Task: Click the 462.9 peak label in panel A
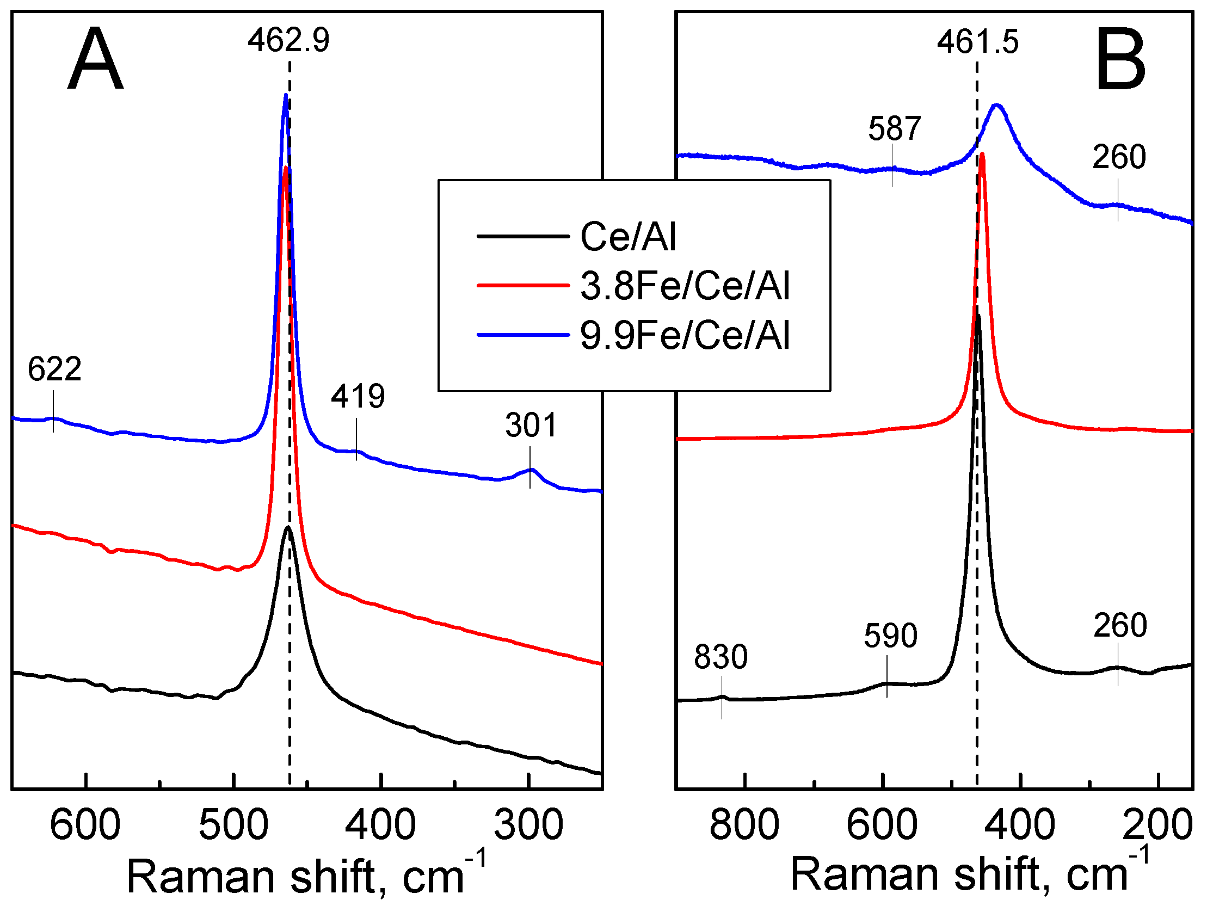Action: [x=288, y=40]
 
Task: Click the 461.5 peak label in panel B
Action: [x=977, y=42]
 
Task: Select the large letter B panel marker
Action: [x=1120, y=61]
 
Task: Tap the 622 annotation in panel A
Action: [x=54, y=369]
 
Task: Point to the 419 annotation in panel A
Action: [x=358, y=396]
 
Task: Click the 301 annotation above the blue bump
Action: [x=531, y=425]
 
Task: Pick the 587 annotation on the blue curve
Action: [x=894, y=129]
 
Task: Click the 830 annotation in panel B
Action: [x=720, y=657]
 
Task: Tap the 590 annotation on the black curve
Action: [x=890, y=636]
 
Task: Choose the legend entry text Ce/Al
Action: [x=628, y=237]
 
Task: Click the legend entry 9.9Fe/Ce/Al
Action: [x=685, y=335]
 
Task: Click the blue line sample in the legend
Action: [x=523, y=335]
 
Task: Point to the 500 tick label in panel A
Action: [x=233, y=825]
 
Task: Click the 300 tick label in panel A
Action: [x=528, y=825]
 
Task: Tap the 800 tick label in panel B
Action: [x=744, y=825]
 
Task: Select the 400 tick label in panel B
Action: [x=1019, y=825]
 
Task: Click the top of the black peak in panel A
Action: [x=287, y=528]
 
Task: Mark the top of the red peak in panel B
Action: [x=982, y=155]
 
